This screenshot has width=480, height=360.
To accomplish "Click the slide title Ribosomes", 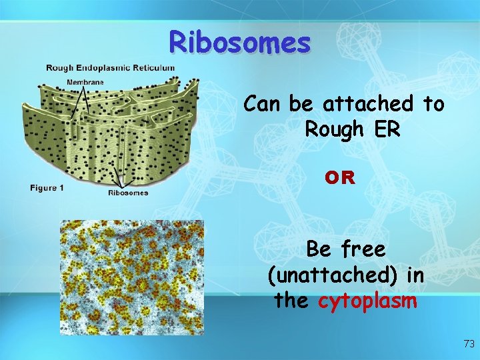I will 239,43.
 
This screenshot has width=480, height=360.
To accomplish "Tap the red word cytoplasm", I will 367,301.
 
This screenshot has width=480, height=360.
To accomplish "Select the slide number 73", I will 469,344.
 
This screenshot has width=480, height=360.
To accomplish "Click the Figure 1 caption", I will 47,188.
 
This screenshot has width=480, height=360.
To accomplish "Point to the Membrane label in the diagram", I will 85,82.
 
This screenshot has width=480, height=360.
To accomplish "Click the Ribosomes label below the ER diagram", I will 128,193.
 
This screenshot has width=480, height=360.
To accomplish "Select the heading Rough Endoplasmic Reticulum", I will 110,67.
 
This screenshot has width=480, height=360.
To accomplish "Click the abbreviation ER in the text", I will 386,129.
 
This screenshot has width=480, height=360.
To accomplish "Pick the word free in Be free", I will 363,249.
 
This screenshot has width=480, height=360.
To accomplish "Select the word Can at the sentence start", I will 263,104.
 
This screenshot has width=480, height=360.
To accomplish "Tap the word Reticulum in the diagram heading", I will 153,67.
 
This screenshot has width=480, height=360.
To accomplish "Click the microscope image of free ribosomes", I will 131,277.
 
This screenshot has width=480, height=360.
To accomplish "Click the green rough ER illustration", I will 110,130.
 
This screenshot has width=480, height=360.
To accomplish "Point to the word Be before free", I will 319,249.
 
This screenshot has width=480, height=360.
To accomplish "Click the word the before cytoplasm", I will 291,301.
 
